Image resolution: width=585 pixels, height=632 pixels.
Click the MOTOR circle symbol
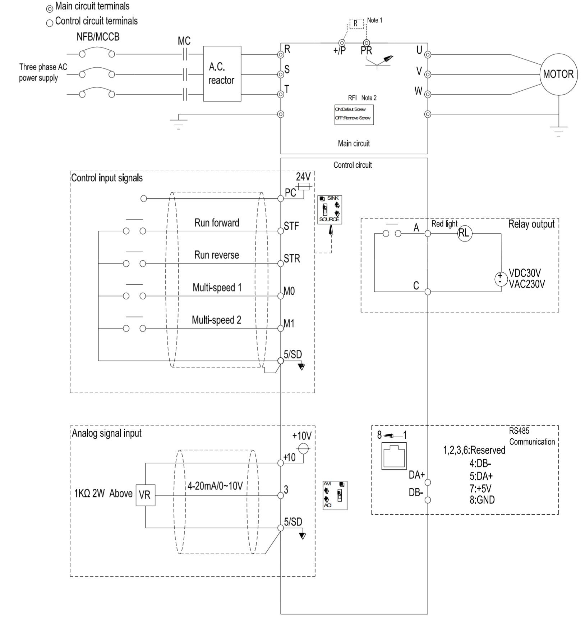coord(558,74)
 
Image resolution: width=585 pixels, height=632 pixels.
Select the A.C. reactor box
coord(222,74)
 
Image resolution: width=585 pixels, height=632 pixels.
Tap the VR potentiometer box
coord(145,495)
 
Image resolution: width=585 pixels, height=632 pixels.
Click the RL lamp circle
coord(464,234)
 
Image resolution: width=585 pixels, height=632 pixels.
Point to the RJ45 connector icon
coord(394,456)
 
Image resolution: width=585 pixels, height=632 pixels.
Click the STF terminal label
coord(291,226)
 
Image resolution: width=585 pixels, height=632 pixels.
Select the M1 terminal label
coord(289,324)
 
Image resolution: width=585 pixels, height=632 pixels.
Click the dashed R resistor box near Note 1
coord(355,23)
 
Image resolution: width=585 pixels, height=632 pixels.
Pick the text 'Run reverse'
coord(216,255)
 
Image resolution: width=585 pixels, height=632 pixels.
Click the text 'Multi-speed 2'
coord(216,320)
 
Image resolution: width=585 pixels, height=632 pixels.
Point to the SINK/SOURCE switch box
coord(330,209)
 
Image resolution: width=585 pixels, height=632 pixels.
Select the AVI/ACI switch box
coord(335,495)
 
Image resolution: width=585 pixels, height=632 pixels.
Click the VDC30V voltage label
coord(525,273)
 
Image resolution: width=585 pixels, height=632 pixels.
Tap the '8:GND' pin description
coord(482,500)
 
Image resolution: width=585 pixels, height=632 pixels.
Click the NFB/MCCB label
coord(98,37)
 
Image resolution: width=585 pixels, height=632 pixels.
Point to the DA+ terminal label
coord(416,475)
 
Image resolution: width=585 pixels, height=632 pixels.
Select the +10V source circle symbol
coord(304,447)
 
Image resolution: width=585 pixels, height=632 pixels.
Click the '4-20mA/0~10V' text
coord(215,486)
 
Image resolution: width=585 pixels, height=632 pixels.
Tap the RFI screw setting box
coord(354,114)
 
